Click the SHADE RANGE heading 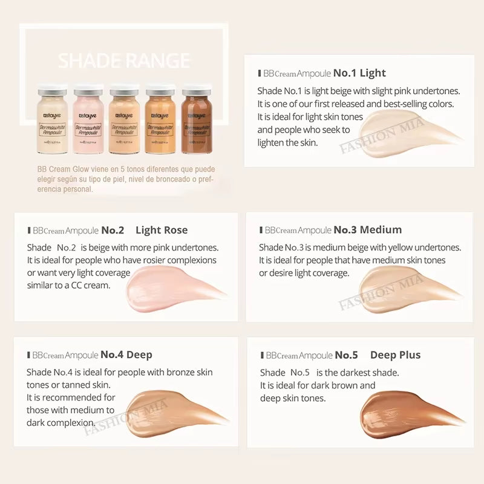click(x=124, y=60)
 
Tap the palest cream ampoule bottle click(x=51, y=121)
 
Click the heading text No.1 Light click(x=359, y=73)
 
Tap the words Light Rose click(x=162, y=230)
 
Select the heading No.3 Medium click(x=367, y=230)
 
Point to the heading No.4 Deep click(x=126, y=355)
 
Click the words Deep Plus click(x=395, y=355)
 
